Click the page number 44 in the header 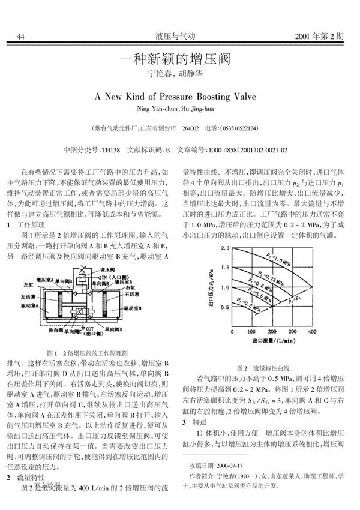[21, 37]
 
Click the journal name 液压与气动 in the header [179, 37]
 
